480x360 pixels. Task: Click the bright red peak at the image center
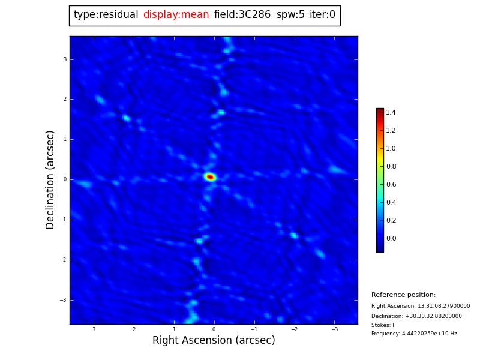coord(210,176)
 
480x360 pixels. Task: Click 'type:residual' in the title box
coord(106,15)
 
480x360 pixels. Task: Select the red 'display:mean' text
coord(176,15)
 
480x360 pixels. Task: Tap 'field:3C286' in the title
coord(242,15)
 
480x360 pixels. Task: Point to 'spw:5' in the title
coord(290,15)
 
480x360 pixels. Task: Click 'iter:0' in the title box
coord(322,15)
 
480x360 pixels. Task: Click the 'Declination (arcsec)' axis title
coord(50,179)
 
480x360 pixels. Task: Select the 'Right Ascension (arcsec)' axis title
coord(214,341)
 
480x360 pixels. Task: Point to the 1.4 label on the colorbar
coord(391,112)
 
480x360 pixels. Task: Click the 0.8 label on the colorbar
coord(391,166)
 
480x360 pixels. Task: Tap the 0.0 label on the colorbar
coord(391,238)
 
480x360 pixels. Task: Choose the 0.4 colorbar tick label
coord(391,202)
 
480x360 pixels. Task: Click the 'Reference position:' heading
coord(403,295)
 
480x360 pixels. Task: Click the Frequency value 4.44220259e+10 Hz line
coord(414,334)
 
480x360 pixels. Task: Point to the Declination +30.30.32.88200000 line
coord(416,316)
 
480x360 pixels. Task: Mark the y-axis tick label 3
coord(65,59)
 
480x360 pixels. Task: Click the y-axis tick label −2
coord(64,260)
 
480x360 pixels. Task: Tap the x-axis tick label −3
coord(334,329)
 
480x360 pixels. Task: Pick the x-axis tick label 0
coord(214,329)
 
